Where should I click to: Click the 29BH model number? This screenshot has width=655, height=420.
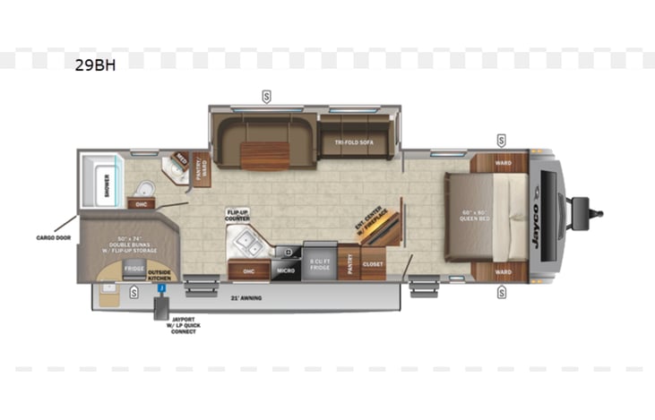point(96,64)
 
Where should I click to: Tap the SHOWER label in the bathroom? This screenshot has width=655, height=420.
point(107,186)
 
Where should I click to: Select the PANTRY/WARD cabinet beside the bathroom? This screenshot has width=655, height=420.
point(203,168)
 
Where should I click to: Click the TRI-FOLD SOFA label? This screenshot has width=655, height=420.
point(354,142)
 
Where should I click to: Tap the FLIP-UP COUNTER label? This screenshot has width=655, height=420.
point(237,216)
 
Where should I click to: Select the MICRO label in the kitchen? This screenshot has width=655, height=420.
point(286,270)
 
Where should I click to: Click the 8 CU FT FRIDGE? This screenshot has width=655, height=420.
point(320,265)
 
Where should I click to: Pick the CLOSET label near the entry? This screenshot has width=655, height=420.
point(373,265)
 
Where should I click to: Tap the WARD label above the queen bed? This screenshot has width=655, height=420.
point(503,163)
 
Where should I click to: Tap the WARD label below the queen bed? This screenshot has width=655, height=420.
point(503,271)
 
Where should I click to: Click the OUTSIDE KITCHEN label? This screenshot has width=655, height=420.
point(159,272)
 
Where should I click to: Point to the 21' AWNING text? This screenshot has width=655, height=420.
point(246,296)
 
